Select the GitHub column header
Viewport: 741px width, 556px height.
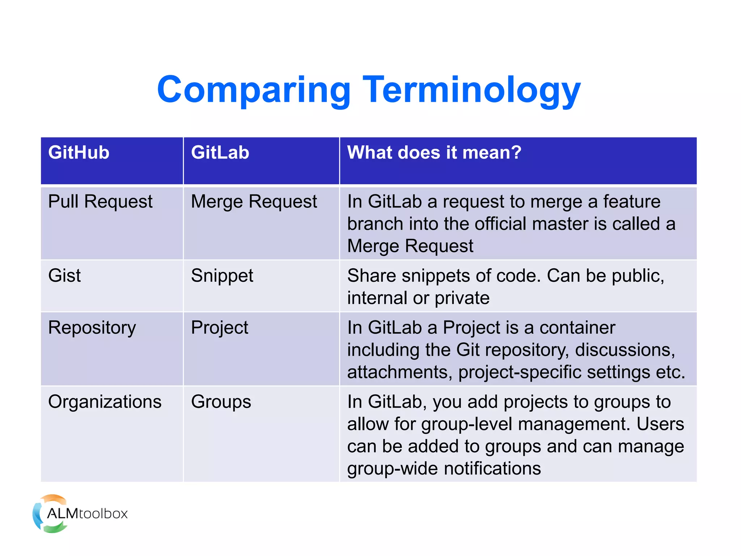point(79,152)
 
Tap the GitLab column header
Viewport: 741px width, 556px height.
point(220,152)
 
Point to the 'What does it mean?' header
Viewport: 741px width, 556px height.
point(434,152)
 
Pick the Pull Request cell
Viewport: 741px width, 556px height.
point(100,202)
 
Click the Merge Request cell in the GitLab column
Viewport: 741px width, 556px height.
point(254,202)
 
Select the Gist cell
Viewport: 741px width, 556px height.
point(64,276)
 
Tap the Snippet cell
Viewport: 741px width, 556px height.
point(222,276)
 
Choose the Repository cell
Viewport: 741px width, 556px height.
point(92,328)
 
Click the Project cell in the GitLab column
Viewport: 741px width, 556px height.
point(219,328)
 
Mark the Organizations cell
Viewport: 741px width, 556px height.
point(105,402)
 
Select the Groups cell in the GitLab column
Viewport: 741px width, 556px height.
point(221,402)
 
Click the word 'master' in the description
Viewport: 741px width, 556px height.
point(560,224)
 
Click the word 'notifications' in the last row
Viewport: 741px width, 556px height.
point(492,469)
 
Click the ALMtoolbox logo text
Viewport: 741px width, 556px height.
point(87,514)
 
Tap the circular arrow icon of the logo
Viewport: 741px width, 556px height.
point(40,514)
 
